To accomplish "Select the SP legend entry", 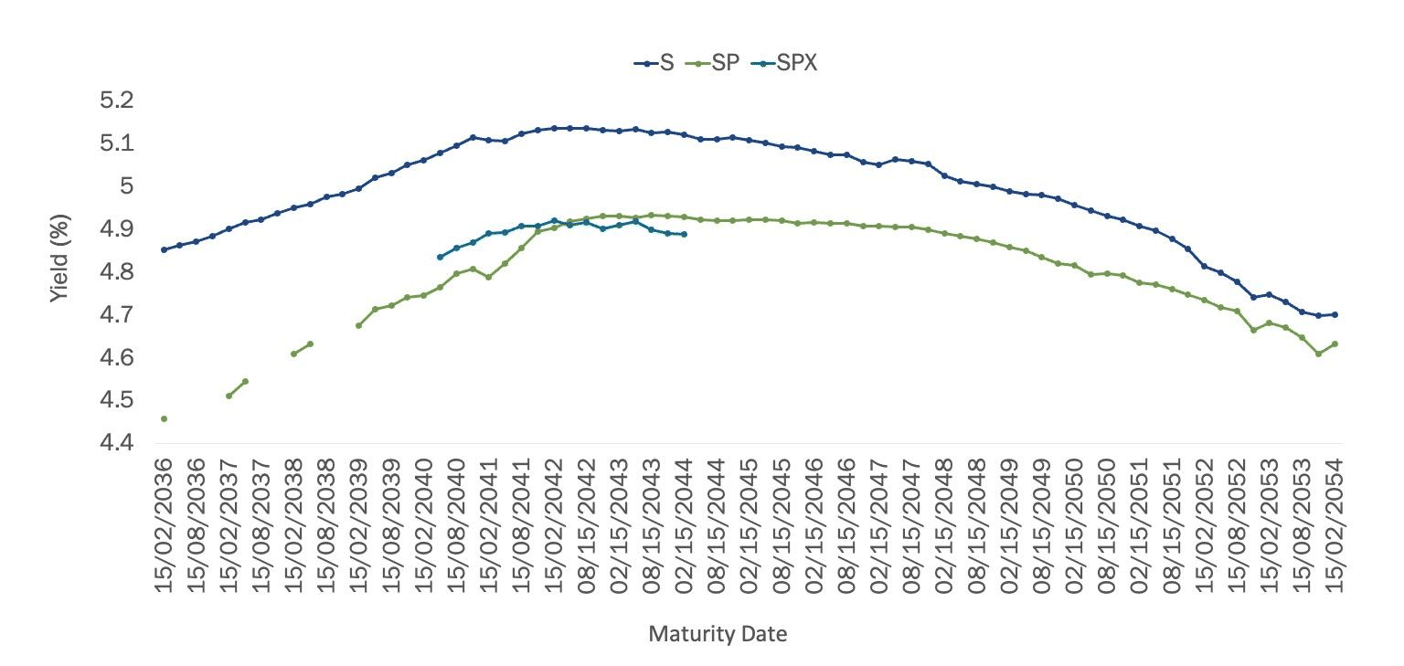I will [x=714, y=63].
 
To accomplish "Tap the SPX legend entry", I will [x=782, y=63].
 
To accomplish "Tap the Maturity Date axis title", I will [x=718, y=634].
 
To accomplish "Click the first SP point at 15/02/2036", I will [x=164, y=418].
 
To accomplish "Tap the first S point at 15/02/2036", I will [x=164, y=249].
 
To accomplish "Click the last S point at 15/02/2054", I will [x=1335, y=314].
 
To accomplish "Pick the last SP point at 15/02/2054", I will [x=1335, y=344].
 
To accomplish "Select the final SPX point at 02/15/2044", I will [x=684, y=234].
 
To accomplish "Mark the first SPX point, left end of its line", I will [x=440, y=257].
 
